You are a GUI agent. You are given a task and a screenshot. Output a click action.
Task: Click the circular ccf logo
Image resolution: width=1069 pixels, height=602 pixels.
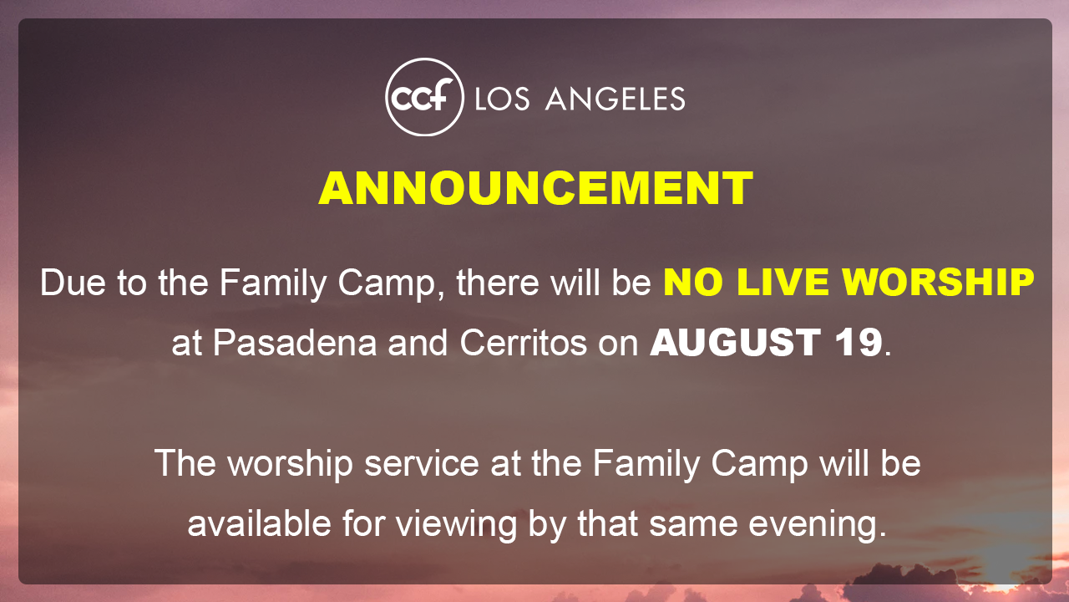[424, 97]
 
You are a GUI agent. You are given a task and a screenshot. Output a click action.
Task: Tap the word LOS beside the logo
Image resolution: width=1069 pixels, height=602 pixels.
[502, 99]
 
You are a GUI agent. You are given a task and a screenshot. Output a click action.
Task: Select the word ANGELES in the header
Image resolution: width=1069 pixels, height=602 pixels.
[616, 99]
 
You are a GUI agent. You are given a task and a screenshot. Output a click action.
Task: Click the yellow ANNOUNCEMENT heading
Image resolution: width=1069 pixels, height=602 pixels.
[535, 188]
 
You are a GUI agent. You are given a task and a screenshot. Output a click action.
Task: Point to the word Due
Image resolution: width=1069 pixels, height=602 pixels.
[73, 283]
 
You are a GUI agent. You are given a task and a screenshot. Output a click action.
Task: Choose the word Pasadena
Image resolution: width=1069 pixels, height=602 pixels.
[295, 343]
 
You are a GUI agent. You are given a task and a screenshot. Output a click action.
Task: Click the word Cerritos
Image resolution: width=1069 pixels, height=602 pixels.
[523, 343]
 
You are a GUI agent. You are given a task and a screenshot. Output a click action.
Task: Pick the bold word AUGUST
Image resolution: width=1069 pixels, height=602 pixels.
[736, 343]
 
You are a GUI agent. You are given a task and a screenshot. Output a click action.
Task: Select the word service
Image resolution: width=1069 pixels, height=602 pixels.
[422, 463]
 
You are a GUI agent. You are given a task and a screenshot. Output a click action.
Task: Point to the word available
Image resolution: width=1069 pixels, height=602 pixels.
[260, 523]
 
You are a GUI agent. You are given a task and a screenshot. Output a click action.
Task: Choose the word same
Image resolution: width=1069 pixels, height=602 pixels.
[692, 523]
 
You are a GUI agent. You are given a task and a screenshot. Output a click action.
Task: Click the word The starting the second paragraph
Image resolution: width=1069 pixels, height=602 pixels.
[185, 463]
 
